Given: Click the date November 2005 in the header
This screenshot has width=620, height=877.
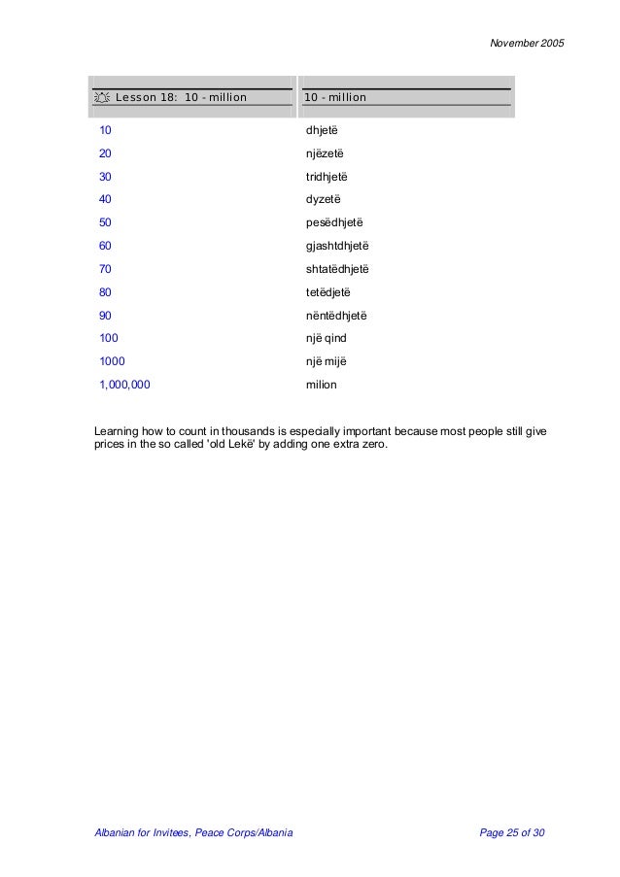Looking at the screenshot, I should point(525,44).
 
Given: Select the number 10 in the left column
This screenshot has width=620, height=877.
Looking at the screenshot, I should point(105,129).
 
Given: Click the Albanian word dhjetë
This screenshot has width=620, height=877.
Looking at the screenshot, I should point(322,129).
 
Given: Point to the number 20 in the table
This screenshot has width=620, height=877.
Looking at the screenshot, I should point(105,152).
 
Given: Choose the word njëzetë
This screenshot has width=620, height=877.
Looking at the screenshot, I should point(324,152).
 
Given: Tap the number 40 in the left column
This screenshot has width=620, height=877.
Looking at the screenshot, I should point(105,199).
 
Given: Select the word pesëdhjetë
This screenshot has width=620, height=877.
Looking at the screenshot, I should point(331,222).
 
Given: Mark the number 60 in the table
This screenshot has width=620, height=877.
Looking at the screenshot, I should point(105,246).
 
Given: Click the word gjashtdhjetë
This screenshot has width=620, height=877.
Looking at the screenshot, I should point(337,246).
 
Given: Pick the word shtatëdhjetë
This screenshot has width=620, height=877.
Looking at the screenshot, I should point(337,269).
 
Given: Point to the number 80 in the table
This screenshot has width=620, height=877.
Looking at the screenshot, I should point(105,292).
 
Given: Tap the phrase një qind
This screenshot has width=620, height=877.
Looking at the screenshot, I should point(326,338).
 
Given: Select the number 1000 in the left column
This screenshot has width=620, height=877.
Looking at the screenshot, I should point(112,361).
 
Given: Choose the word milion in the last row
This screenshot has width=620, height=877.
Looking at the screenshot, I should point(321,385).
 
